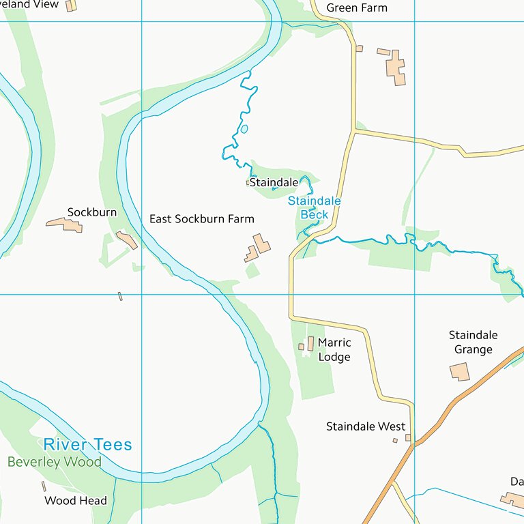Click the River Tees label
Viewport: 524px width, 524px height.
tap(87, 445)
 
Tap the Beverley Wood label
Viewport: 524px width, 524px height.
tap(55, 463)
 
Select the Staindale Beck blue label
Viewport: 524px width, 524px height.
tap(314, 208)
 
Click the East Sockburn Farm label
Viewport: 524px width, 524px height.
tap(201, 219)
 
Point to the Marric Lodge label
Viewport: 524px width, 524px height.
tap(334, 350)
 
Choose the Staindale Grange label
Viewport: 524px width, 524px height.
tap(473, 343)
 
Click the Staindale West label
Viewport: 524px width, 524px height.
tap(366, 427)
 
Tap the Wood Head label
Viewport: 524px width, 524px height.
tap(76, 501)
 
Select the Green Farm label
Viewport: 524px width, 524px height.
tap(356, 8)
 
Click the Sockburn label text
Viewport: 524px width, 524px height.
tap(91, 212)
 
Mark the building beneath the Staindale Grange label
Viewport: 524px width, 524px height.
tap(460, 372)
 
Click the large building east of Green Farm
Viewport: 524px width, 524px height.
tap(396, 68)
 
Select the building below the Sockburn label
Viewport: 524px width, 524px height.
tap(65, 224)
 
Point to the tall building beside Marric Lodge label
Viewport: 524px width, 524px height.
tap(310, 344)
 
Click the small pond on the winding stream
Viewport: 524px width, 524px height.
tap(244, 128)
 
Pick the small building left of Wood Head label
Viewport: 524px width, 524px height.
tap(44, 486)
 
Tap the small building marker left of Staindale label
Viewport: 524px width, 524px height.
tap(248, 183)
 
